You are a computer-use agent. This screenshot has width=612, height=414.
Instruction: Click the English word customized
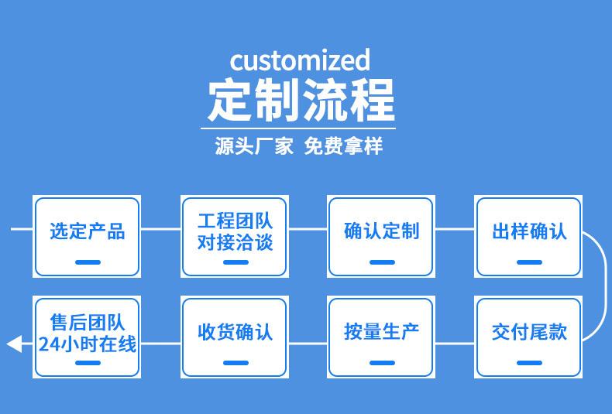pos(300,61)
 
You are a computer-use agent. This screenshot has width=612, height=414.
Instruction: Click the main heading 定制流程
pos(301,100)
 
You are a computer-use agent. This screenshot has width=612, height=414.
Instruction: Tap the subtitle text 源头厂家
pos(253,146)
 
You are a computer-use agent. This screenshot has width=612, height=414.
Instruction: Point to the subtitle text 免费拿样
pos(343,146)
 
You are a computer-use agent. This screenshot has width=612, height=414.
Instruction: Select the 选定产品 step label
pos(88,231)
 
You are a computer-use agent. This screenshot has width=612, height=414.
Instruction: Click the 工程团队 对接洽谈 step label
pos(235,231)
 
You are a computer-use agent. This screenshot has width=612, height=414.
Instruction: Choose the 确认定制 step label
pos(381,231)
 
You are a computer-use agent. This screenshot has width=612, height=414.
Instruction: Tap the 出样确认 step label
pos(529,231)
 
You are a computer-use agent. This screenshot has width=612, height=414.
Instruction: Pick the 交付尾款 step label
pos(529,332)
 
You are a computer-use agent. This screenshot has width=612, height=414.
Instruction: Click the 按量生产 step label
pos(381,332)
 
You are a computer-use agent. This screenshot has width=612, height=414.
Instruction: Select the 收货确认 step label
pos(235,332)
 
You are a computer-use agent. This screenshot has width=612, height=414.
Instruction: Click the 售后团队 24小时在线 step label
pos(88,333)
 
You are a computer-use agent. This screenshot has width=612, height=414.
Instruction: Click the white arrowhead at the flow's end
pos(14,344)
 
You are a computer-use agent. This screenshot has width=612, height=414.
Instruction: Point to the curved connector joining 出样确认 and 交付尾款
pos(606,286)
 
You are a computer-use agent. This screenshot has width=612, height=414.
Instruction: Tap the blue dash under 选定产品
pos(88,262)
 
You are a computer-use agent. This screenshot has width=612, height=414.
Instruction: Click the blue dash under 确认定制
pos(382,262)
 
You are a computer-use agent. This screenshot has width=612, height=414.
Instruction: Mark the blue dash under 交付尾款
pos(529,363)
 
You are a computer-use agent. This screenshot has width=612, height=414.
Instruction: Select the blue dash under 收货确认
pos(236,363)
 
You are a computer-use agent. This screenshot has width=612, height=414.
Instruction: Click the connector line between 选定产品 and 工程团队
pos(161,229)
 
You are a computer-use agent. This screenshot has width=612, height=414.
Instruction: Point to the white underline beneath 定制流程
pos(298,128)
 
